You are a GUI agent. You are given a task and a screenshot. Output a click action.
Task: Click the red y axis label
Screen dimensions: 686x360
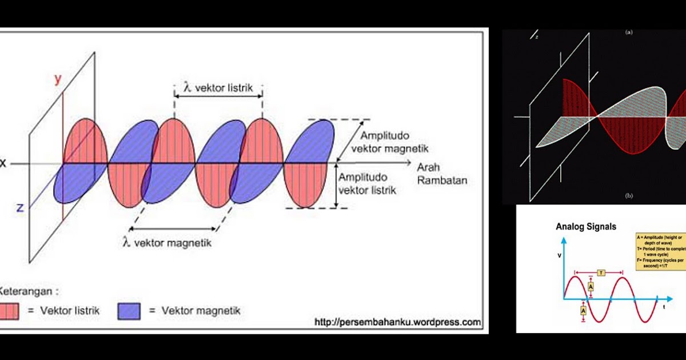pos(57,79)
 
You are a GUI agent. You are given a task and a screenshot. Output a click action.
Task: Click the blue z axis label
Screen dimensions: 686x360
pos(20,207)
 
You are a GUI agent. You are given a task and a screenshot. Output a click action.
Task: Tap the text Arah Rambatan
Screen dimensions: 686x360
pos(442,174)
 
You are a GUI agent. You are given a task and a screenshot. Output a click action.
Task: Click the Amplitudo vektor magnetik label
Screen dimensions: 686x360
pos(394,143)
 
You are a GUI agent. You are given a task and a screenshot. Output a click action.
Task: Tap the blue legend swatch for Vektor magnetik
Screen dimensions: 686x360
pos(129,311)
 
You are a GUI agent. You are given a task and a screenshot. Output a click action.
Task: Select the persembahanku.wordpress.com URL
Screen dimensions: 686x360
pos(397,322)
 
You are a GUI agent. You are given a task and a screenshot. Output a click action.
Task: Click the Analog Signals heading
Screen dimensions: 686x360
pos(586,227)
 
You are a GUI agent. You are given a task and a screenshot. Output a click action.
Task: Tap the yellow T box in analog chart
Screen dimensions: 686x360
pos(601,273)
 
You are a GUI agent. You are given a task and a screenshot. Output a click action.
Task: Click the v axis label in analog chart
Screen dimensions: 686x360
pos(559,255)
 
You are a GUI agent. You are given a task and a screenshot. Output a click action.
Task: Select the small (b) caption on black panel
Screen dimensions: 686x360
pos(629,196)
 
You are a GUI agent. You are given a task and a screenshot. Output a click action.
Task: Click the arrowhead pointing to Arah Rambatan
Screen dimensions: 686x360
pos(408,163)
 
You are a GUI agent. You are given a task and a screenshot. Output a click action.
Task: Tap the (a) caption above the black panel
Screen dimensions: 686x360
pos(629,33)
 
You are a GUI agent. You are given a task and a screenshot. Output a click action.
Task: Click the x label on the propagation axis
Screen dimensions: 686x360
pos(3,163)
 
